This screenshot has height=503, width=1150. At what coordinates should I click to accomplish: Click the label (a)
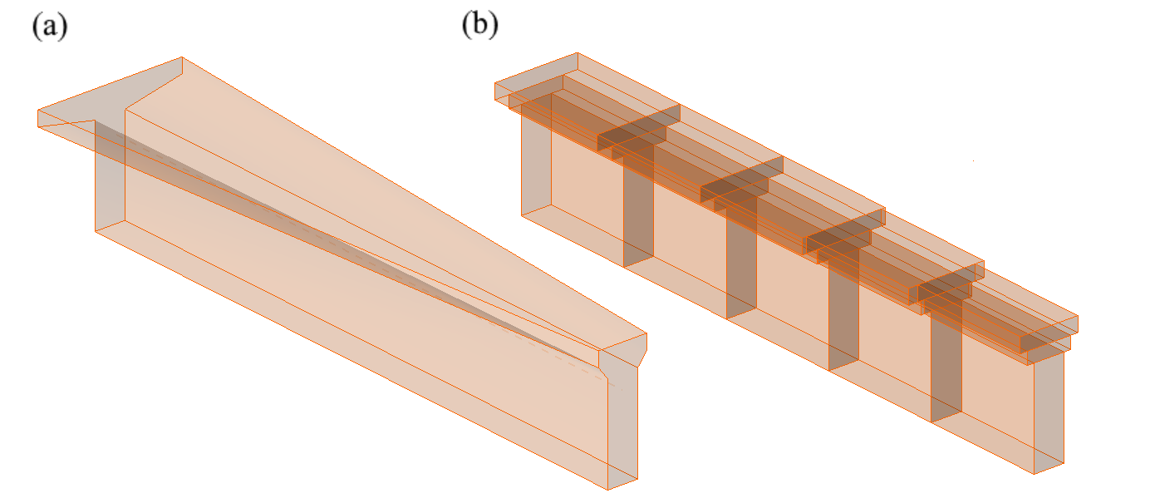pyautogui.click(x=49, y=27)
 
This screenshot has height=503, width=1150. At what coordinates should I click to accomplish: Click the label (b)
pyautogui.click(x=479, y=27)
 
